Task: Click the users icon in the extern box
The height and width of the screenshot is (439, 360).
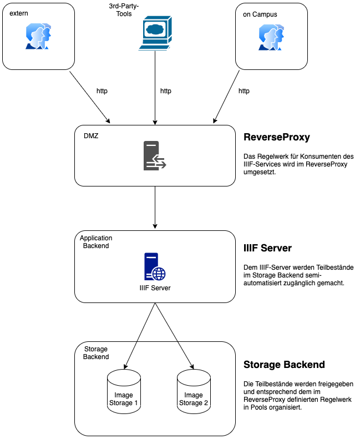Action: (38, 36)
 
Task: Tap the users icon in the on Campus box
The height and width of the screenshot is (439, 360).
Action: (271, 37)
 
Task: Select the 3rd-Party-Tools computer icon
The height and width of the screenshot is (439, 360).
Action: (155, 33)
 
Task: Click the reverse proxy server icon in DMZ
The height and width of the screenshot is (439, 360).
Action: (155, 155)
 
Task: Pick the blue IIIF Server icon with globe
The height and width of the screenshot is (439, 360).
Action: (155, 266)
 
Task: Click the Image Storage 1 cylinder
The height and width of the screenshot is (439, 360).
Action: (124, 391)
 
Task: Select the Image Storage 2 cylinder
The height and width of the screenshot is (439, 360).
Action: (194, 391)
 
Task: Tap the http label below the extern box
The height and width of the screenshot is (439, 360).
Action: (102, 91)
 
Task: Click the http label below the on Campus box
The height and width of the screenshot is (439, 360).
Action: (244, 91)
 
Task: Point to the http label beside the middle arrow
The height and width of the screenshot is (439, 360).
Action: (166, 91)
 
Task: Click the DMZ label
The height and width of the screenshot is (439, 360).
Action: (91, 136)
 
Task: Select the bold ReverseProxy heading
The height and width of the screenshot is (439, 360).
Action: (277, 137)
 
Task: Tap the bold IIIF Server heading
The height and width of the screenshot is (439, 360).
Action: (267, 248)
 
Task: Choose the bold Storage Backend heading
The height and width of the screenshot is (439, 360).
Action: (284, 365)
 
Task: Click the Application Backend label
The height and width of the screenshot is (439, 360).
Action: (96, 242)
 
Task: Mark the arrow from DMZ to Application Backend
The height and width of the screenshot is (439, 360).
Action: (155, 208)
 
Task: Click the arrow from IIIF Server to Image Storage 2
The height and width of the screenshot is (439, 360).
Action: (174, 336)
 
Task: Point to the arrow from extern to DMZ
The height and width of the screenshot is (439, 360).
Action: (90, 98)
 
